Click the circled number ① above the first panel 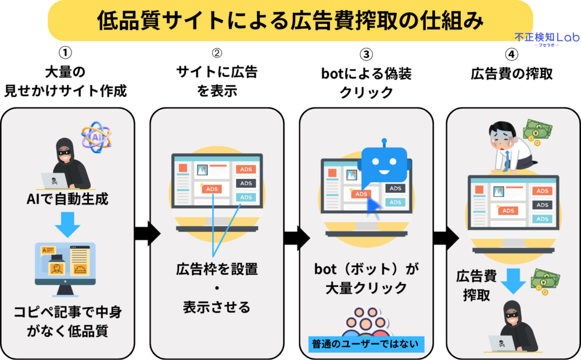point(66,53)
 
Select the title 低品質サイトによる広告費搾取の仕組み point(290,21)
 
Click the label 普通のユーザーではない point(365,344)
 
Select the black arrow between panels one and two point(146,233)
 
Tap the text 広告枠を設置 point(217,269)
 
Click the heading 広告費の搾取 point(511,74)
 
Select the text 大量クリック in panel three point(366,288)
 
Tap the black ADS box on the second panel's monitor point(246,183)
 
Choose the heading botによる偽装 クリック point(366,82)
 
